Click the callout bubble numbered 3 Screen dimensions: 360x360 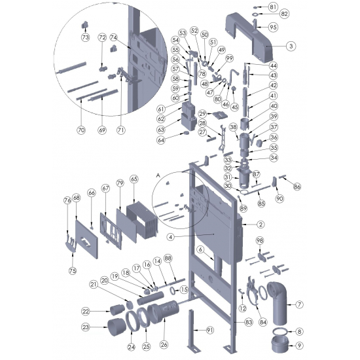point(291,46)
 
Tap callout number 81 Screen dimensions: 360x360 point(273,7)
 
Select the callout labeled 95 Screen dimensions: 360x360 point(273,27)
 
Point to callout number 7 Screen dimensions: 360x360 point(299,304)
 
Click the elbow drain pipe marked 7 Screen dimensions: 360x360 point(278,302)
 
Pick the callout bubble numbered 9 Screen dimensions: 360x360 point(299,346)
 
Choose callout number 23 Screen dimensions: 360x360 point(85,327)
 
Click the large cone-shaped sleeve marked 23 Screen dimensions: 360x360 point(117,327)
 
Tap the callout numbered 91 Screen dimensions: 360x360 point(209,330)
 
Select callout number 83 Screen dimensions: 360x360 point(249,322)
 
